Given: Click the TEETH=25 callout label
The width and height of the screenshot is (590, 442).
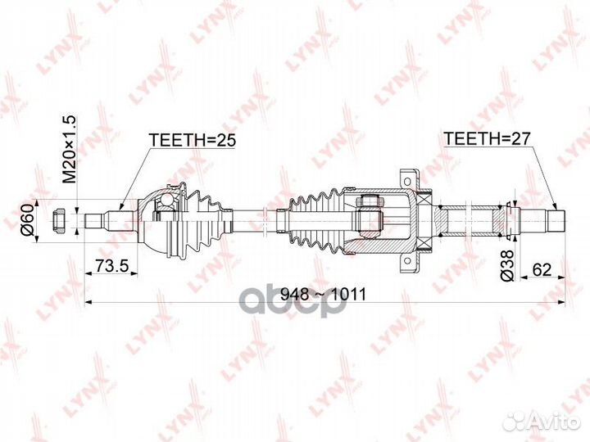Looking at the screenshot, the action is [x=193, y=140].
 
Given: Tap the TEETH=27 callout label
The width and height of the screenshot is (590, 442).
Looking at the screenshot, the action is [x=487, y=138].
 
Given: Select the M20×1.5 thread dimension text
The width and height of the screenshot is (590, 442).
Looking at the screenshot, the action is [x=69, y=150].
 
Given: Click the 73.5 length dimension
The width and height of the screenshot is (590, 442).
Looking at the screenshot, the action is [x=111, y=266].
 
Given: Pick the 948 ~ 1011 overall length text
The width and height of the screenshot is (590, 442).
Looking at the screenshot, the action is [x=324, y=295].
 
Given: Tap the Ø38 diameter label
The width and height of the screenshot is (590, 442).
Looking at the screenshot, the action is [x=507, y=265].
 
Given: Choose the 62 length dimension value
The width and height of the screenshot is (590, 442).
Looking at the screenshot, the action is [x=542, y=269].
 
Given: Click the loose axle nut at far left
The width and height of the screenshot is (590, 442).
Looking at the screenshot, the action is [x=58, y=221].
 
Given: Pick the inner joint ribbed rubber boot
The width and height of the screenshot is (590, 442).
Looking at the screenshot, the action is [x=317, y=221].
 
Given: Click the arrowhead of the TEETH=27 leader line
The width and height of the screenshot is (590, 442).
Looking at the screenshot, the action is [x=554, y=207].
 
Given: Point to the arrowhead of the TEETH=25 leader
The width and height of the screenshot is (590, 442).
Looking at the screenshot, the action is [x=120, y=207].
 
